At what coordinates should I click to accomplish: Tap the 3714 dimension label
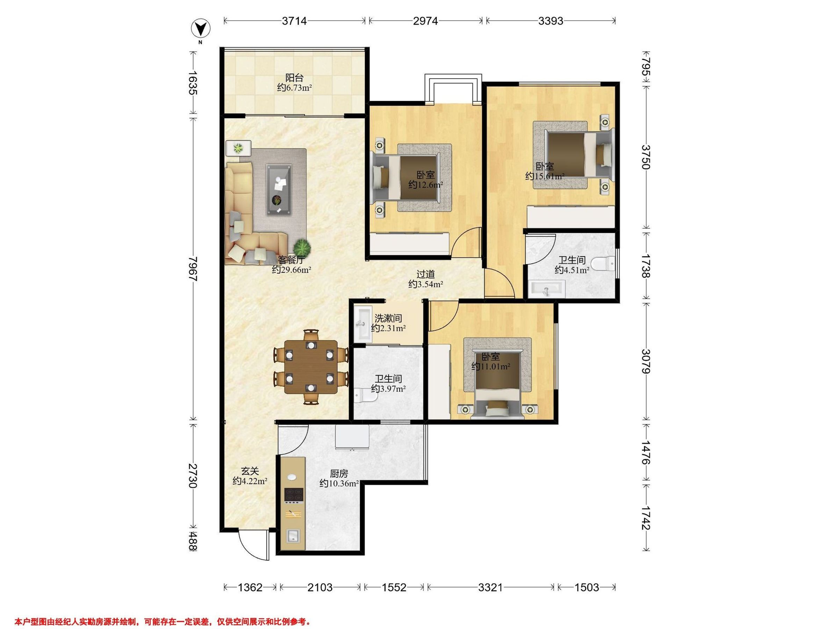294,21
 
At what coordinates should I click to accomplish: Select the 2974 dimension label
425,21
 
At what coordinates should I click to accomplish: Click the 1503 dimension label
586,588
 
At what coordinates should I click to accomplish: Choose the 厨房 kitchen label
339,474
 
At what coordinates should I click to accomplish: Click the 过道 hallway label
425,274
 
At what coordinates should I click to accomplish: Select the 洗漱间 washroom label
388,318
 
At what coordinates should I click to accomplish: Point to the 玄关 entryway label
250,471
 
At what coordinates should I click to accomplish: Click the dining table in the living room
311,367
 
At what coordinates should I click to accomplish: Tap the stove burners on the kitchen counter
294,494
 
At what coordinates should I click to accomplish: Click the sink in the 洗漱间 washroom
363,324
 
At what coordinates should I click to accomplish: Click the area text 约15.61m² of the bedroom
545,176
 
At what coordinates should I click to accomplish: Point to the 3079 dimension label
646,361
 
